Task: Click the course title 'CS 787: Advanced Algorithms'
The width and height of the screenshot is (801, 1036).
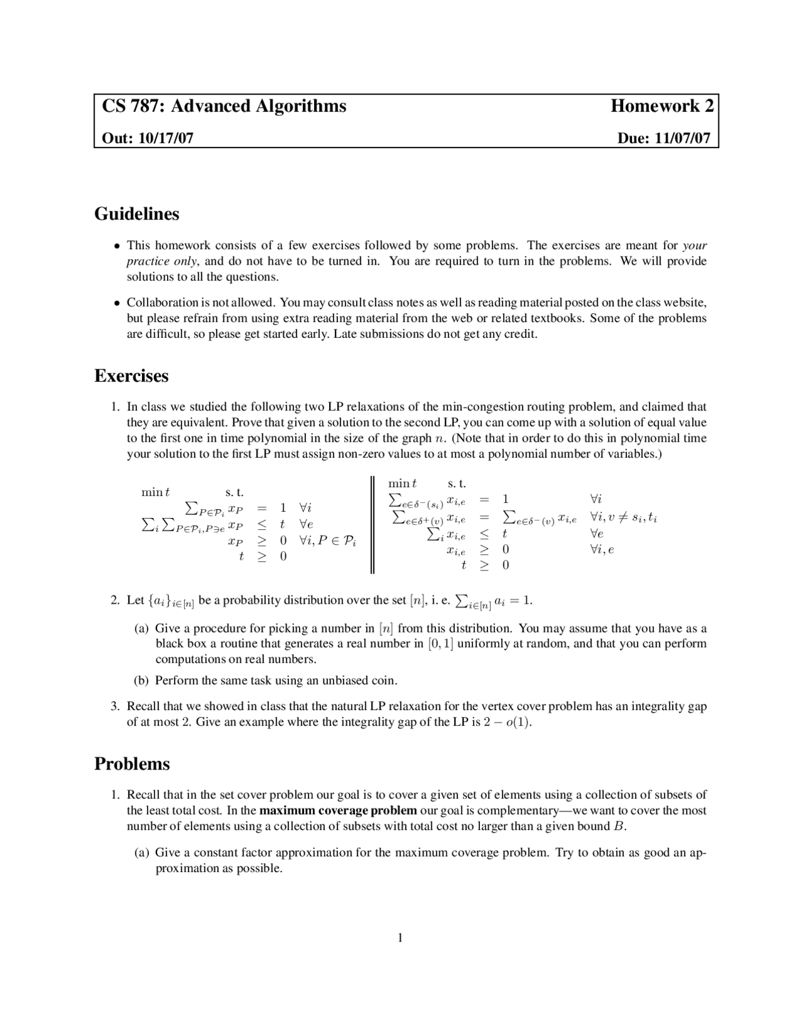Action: tap(224, 106)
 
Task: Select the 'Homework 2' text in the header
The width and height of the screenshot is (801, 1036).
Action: tap(661, 106)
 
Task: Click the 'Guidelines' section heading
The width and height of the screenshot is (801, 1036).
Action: tap(136, 214)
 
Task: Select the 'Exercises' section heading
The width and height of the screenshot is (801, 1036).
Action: tap(131, 376)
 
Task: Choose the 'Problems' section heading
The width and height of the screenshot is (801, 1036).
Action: tap(132, 764)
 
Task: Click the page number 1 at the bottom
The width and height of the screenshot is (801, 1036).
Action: tap(400, 937)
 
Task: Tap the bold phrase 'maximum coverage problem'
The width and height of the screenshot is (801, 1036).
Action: tap(338, 811)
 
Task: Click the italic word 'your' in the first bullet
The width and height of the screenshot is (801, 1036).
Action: tap(695, 245)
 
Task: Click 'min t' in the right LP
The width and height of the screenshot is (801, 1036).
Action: tap(402, 484)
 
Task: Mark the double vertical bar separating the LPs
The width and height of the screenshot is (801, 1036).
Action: tap(372, 524)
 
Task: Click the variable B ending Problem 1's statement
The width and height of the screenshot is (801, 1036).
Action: tap(619, 826)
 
